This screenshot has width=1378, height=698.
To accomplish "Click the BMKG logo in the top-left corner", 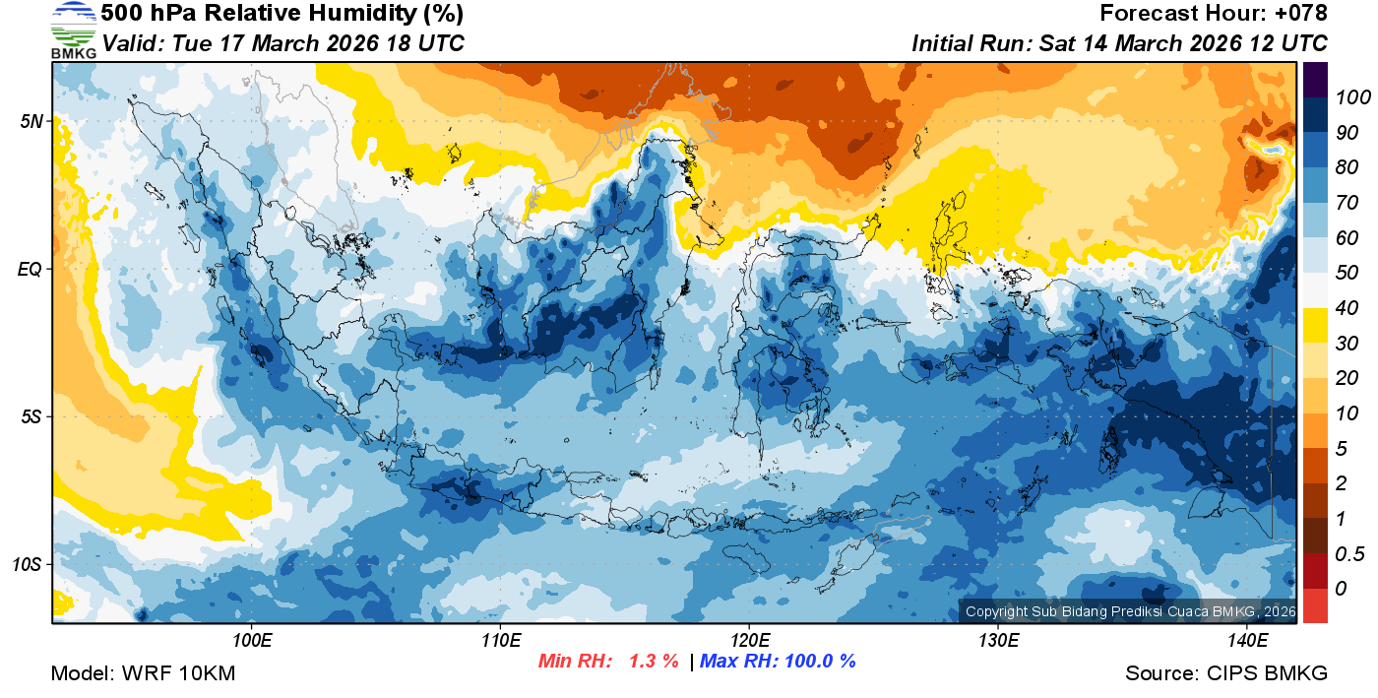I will point(74,31).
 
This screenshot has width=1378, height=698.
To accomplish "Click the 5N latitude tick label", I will point(31,121).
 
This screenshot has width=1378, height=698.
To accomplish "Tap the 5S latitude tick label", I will point(31,416).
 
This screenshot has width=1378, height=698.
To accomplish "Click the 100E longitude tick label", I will point(252,641).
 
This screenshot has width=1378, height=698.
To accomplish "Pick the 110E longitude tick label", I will point(501,641).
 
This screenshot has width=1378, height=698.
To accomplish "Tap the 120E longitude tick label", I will point(749,641).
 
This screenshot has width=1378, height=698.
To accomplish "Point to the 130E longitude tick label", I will point(998,641).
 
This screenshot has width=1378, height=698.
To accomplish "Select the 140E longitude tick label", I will point(1247,641).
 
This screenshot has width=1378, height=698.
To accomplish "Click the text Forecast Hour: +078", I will point(1214,14).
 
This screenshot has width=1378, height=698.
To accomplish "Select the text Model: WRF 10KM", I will point(143,673).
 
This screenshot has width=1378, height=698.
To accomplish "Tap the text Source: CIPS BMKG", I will point(1226,673).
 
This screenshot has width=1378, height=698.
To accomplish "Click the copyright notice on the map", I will point(1130,611).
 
